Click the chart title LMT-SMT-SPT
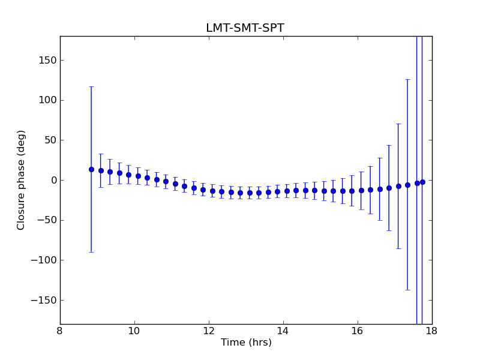[x=245, y=28]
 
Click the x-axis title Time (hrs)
[x=246, y=343]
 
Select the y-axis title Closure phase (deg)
[x=22, y=180]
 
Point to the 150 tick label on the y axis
[x=47, y=60]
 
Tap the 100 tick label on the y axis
[x=47, y=100]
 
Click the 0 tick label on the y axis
[x=53, y=180]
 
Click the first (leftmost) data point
[x=91, y=169]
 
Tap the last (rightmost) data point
[x=422, y=182]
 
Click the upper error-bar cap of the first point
[x=91, y=86]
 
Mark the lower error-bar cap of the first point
[x=91, y=252]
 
